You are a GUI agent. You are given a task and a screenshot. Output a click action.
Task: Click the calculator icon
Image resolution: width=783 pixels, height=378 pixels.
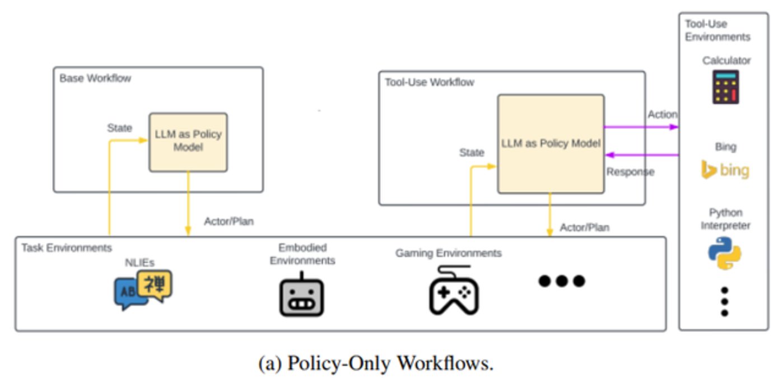[725, 87]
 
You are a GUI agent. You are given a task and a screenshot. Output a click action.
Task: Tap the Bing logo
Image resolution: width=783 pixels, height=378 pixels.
[725, 170]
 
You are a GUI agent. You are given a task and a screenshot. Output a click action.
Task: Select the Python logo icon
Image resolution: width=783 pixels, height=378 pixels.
[725, 253]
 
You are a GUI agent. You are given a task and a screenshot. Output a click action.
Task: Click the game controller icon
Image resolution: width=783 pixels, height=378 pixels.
[454, 290]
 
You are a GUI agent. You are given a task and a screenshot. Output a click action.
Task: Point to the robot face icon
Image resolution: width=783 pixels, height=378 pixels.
[301, 295]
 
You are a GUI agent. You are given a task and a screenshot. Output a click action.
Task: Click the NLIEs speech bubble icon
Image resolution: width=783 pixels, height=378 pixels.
[143, 289]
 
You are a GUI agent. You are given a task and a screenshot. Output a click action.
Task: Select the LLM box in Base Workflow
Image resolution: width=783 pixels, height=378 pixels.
[188, 142]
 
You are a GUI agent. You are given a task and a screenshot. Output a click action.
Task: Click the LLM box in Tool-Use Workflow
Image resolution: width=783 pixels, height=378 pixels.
[551, 144]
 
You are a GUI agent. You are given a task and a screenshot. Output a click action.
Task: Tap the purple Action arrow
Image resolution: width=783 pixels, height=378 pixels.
[641, 127]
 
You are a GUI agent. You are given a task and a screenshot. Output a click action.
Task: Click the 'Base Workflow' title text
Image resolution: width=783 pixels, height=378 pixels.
[95, 78]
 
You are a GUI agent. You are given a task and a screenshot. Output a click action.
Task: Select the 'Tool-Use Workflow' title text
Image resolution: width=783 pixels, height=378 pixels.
[429, 82]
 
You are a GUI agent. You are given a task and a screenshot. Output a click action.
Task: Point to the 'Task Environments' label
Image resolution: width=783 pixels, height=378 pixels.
[67, 248]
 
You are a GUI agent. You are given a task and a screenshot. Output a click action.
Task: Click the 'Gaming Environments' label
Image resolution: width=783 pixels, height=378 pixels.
[448, 253]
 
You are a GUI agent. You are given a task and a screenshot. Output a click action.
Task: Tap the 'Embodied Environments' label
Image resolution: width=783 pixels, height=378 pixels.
[302, 254]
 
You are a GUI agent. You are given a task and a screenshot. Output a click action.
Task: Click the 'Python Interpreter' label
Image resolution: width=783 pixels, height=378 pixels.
[725, 219]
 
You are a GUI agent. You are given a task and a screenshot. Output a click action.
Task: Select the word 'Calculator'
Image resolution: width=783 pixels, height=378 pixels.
[726, 60]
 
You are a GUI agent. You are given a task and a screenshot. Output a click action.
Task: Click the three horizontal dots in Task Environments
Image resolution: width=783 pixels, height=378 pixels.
[561, 281]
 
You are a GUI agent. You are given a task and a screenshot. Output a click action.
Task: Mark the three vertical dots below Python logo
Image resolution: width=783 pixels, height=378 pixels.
[724, 301]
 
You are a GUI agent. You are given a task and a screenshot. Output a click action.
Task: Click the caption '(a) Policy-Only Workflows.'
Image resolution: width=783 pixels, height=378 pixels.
[376, 363]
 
